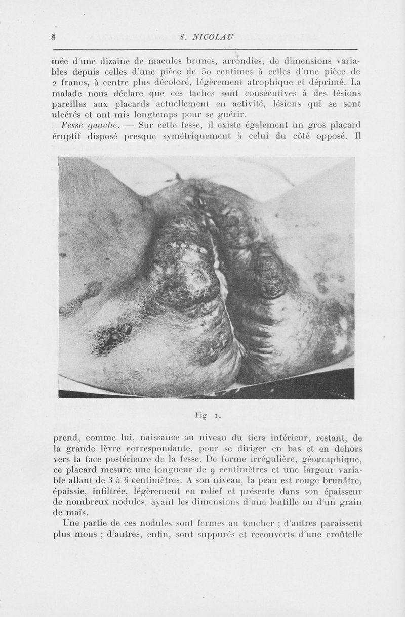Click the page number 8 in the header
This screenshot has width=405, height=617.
53,37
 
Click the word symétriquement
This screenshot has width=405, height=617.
196,138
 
